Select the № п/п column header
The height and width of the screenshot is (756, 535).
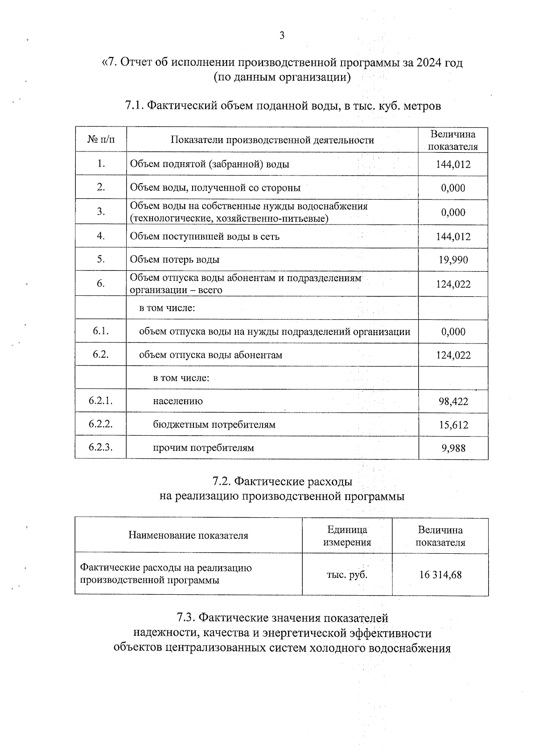[101, 140]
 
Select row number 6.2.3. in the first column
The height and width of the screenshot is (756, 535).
[100, 447]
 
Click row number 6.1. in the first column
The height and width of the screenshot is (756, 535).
[101, 331]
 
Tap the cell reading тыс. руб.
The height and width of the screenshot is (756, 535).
[347, 575]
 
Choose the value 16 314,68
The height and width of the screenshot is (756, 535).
[440, 575]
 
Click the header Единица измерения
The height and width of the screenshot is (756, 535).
[347, 536]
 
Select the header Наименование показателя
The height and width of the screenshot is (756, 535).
[188, 535]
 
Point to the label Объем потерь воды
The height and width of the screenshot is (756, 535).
[174, 259]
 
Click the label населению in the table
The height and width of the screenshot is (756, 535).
[178, 401]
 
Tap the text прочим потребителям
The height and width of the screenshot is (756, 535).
[203, 448]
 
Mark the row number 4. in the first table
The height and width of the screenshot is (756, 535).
[101, 236]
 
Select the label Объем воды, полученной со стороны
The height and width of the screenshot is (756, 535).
[215, 188]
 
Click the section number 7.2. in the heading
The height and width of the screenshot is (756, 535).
[222, 482]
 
